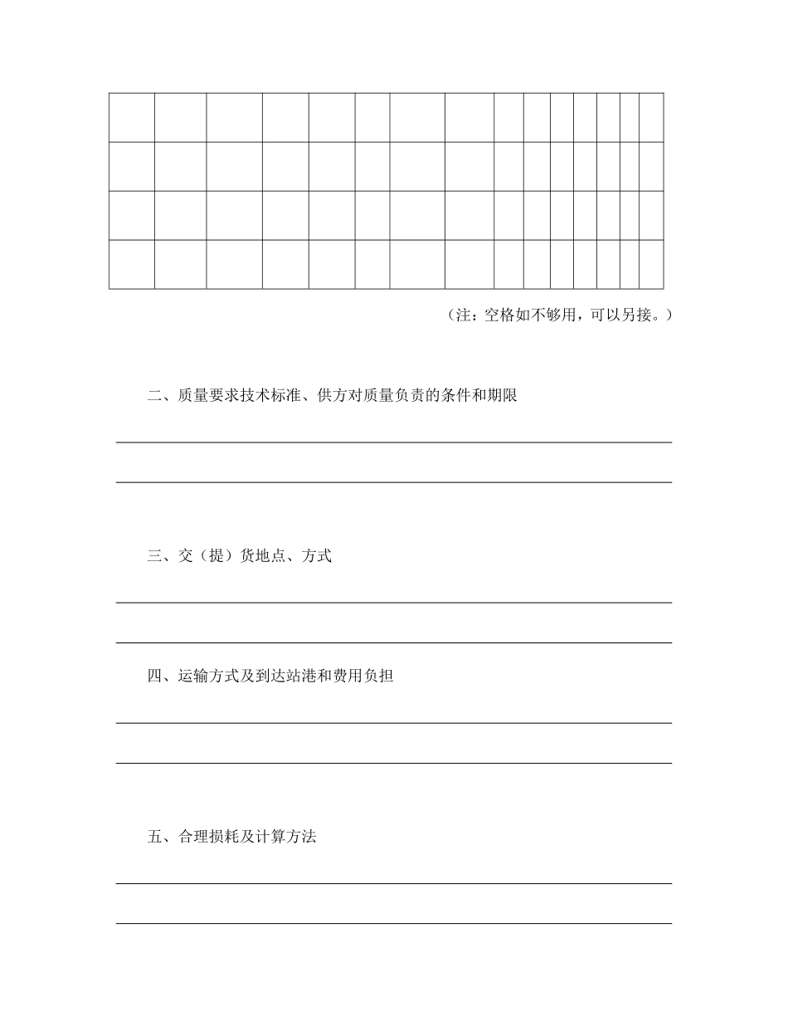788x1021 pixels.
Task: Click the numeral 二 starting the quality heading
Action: point(154,396)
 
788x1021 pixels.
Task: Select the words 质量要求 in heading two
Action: point(207,396)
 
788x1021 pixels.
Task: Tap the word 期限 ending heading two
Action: point(503,396)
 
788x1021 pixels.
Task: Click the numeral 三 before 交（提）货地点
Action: point(154,556)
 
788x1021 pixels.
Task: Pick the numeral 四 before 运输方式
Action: point(154,676)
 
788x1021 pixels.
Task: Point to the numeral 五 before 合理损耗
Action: point(154,837)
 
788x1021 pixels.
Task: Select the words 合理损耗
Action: point(207,837)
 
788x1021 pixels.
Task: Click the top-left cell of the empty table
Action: point(131,117)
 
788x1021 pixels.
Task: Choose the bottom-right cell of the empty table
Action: point(651,265)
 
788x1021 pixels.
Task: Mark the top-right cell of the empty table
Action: point(651,117)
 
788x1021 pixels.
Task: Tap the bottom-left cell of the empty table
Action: point(131,265)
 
